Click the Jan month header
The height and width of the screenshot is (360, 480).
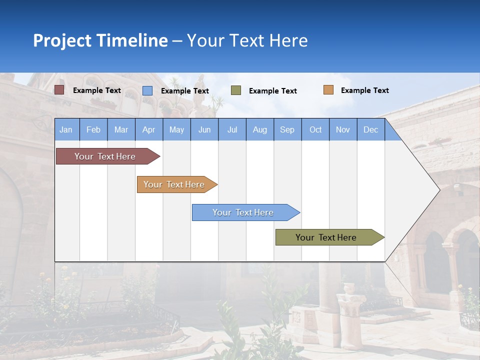click(66, 129)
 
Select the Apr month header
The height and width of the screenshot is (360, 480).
click(148, 129)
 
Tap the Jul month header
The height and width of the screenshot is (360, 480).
click(232, 129)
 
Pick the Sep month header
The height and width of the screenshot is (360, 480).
click(287, 129)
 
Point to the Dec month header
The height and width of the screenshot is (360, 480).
click(370, 129)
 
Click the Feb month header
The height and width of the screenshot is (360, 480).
click(93, 129)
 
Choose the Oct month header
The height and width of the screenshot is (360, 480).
click(315, 129)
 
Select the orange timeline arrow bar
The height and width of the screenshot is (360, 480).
click(175, 184)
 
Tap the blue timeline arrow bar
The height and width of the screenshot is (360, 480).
click(244, 212)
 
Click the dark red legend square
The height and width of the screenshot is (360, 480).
click(59, 90)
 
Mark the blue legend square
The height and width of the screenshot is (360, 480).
click(147, 90)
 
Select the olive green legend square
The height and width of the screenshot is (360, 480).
click(236, 90)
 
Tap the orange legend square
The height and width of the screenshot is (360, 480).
click(328, 90)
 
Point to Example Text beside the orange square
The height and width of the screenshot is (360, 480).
click(364, 90)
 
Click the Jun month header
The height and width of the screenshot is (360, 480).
click(204, 129)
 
